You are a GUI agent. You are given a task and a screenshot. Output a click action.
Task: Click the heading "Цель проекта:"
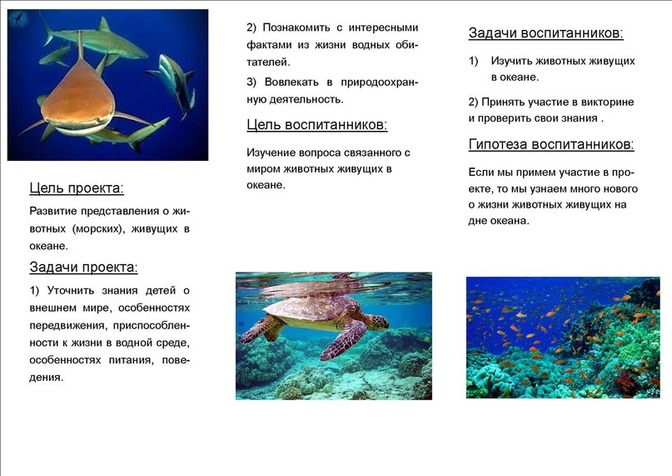(77, 188)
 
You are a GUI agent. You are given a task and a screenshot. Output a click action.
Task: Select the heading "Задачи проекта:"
(83, 268)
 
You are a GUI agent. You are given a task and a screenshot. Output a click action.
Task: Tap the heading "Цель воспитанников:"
(316, 125)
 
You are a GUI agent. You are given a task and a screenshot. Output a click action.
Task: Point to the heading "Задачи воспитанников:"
(545, 33)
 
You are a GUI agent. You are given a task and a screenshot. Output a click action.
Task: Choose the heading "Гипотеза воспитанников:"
(551, 144)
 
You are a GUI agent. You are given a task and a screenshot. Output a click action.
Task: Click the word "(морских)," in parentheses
(97, 228)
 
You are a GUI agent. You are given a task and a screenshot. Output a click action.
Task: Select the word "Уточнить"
(70, 291)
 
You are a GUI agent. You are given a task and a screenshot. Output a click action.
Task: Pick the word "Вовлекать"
(291, 82)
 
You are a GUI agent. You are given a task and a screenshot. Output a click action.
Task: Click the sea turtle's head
(377, 322)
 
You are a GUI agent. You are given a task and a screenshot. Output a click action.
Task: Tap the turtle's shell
(311, 308)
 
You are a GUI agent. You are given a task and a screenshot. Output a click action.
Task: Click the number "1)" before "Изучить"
(473, 61)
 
